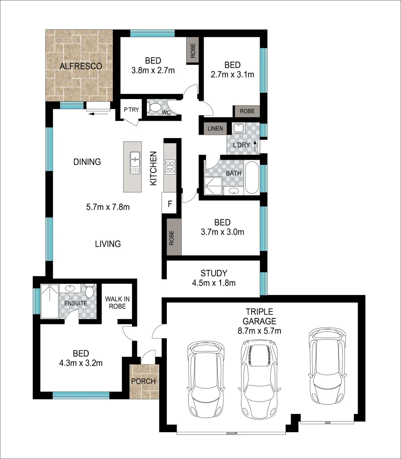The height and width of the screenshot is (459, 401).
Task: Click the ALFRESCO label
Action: (x=81, y=66)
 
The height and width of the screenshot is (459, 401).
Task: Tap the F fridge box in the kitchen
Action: (x=170, y=204)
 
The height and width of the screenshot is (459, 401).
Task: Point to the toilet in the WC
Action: (x=154, y=108)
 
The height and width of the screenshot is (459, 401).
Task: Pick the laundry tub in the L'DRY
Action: (x=238, y=128)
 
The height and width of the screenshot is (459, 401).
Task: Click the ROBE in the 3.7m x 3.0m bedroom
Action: (x=174, y=237)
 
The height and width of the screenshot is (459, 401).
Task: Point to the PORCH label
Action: (x=144, y=381)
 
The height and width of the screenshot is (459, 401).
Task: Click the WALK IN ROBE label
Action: (x=115, y=302)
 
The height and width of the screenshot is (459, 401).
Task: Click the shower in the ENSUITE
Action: (x=50, y=301)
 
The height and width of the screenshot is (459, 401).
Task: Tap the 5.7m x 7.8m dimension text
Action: (x=107, y=208)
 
